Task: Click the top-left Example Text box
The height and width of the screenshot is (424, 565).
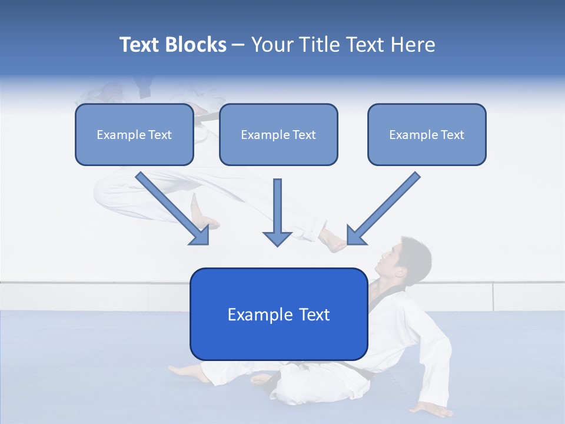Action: coord(134,135)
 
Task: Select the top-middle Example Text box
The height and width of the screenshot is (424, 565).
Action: coord(278,135)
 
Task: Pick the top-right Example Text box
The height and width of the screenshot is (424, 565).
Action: coord(427,135)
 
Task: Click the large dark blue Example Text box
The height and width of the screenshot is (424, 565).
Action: coord(278,314)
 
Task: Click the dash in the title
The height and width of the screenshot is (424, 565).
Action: coord(238,45)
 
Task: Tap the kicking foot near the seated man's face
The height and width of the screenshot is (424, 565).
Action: coord(333,241)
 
